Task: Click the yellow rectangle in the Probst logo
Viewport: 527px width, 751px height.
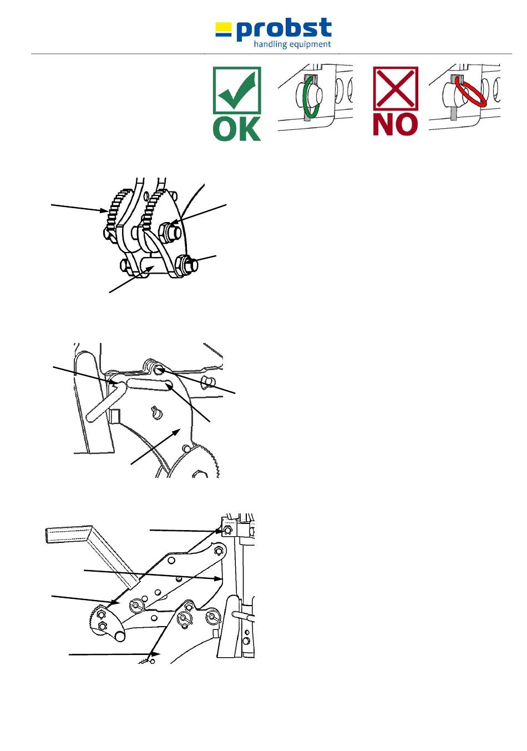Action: pos(223,26)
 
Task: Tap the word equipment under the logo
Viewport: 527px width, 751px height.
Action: pos(310,44)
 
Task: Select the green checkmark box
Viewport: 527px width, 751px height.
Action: pos(237,90)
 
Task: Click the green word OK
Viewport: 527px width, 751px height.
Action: pos(237,128)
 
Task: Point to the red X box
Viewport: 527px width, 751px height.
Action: pos(395,88)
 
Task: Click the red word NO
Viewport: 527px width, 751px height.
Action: pos(395,124)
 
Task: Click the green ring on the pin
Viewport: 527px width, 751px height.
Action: pos(311,98)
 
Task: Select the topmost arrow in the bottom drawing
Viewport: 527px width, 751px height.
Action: pos(186,531)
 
